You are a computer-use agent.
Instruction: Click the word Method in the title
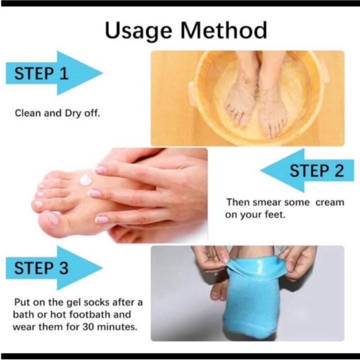[x=223, y=30]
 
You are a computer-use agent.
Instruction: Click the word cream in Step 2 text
[x=327, y=202]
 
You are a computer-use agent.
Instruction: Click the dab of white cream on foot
[x=86, y=180]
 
